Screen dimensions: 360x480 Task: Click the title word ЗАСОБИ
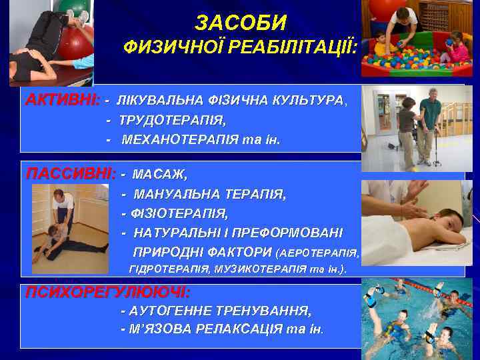click(241, 23)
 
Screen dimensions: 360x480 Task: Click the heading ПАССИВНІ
click(69, 174)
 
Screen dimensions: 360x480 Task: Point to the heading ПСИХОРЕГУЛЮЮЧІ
click(107, 292)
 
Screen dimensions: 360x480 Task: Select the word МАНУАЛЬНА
click(178, 195)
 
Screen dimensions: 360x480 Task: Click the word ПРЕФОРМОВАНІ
click(292, 233)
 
